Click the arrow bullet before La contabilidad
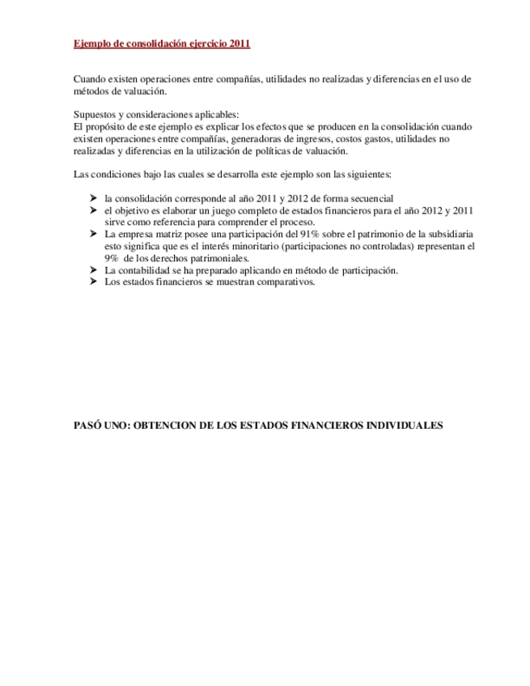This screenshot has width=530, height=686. [x=93, y=269]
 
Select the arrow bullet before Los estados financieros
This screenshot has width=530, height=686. [x=93, y=282]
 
